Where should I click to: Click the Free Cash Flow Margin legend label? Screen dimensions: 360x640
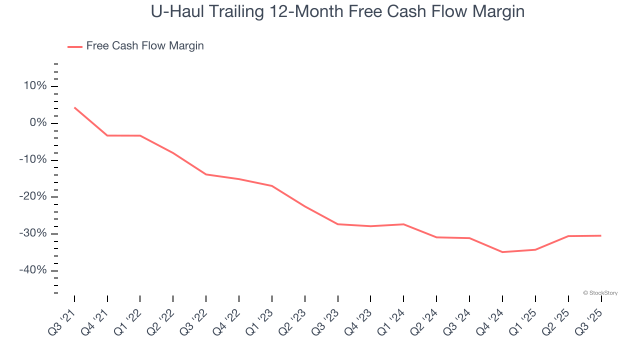(145, 46)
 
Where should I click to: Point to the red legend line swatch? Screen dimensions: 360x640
(75, 46)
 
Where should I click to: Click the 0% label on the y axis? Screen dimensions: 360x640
(38, 123)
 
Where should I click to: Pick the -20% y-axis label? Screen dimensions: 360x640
(33, 197)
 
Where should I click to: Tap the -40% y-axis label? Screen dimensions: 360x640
(33, 270)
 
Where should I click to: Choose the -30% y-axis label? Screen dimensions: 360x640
(33, 234)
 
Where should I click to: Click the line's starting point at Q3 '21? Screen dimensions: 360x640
(74, 107)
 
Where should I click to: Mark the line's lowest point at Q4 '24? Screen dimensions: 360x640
(502, 252)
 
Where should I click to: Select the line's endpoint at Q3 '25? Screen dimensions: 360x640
(600, 235)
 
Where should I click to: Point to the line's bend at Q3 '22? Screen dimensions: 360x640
(206, 174)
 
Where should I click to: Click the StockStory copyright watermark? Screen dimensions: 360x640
(600, 293)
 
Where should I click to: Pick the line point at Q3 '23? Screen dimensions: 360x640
(337, 224)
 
